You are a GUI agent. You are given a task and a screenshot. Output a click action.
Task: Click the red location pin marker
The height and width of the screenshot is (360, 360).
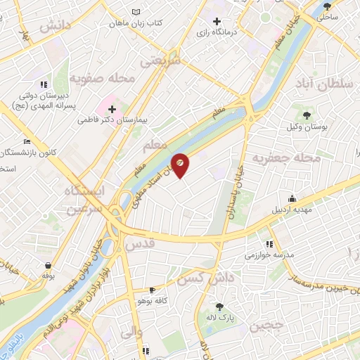point(180,165)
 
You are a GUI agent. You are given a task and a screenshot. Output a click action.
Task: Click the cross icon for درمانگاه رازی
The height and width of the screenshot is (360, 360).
point(217,21)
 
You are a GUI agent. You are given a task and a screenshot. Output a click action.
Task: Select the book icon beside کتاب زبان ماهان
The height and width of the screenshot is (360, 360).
point(136,12)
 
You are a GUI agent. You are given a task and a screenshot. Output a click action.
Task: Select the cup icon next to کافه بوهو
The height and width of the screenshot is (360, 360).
point(153,290)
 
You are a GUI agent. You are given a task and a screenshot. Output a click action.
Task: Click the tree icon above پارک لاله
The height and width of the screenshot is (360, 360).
point(219,306)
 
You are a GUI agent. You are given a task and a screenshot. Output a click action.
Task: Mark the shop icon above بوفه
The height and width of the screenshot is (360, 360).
point(47,265)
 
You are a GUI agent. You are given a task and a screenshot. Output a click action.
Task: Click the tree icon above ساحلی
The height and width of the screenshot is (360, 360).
point(328,6)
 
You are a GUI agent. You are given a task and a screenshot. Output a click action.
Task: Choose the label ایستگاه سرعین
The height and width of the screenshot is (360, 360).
point(83,199)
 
